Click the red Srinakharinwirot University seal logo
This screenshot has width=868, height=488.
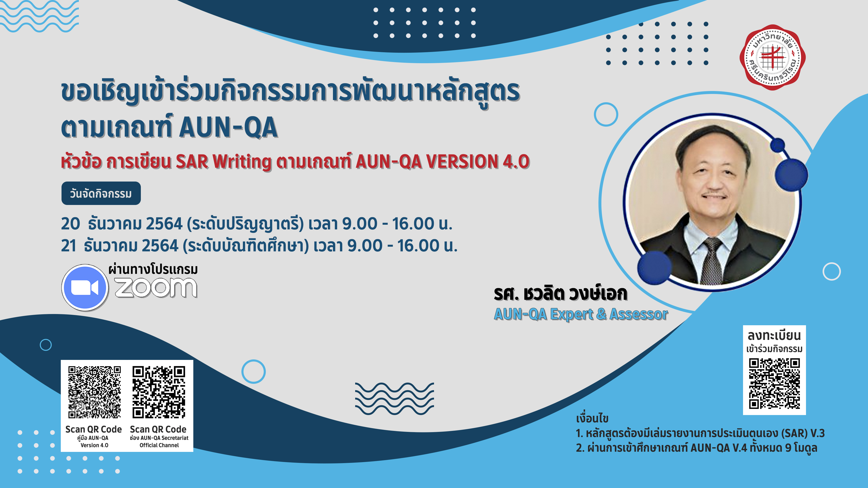(x=772, y=57)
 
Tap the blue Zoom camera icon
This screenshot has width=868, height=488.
(x=85, y=287)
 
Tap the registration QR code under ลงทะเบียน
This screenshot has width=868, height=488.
(x=774, y=384)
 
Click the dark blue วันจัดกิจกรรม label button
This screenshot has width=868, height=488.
(x=101, y=193)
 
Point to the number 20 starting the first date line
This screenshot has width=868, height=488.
(x=70, y=224)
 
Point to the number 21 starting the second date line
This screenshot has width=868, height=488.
(x=68, y=245)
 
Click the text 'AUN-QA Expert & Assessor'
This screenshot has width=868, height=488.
(x=580, y=314)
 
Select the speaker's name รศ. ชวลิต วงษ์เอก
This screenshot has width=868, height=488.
(x=560, y=294)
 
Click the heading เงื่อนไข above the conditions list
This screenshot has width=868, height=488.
(x=592, y=418)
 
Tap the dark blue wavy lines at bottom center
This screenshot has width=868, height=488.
(x=394, y=398)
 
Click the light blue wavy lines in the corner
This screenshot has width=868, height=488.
(x=39, y=16)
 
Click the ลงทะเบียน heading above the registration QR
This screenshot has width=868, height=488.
(x=774, y=335)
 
